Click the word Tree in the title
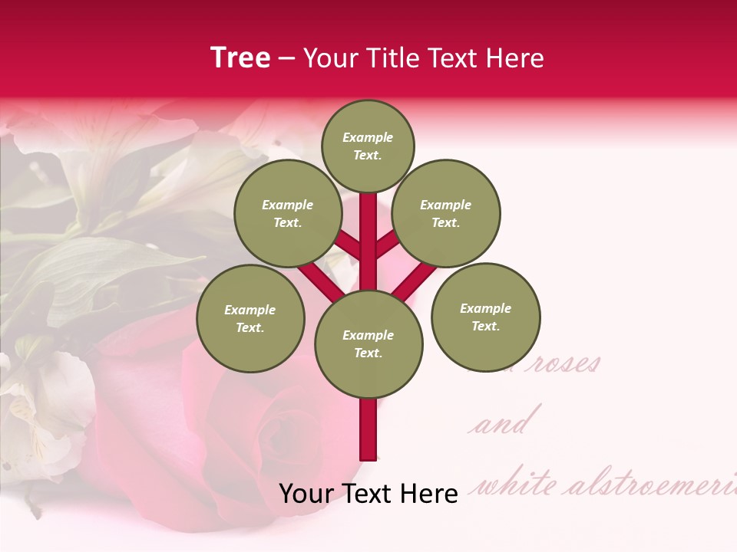click(240, 58)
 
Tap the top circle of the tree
click(368, 146)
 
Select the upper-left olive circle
click(288, 214)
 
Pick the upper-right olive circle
click(446, 214)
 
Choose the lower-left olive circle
click(250, 318)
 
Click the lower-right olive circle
click(485, 317)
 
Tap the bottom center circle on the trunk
click(368, 344)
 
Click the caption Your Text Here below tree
click(368, 494)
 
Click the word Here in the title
click(515, 58)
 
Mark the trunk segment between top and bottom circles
click(368, 242)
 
